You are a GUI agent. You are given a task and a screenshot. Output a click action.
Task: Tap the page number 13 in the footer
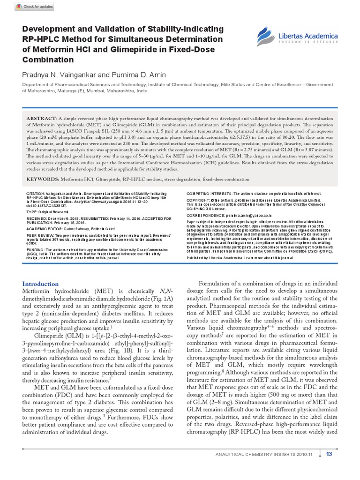329,453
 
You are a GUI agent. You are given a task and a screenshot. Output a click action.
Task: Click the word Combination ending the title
48,60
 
